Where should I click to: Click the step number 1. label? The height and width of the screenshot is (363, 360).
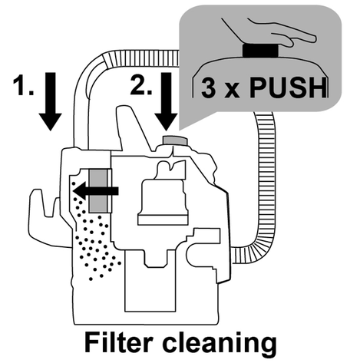23,86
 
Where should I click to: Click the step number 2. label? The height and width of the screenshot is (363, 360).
141,85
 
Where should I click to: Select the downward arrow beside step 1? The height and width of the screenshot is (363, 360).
51,101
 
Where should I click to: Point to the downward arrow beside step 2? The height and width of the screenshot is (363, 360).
167,101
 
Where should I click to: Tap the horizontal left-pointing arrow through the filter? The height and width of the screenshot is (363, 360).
96,190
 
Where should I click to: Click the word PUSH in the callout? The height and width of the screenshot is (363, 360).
289,87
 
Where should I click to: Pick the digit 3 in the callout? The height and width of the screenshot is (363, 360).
208,88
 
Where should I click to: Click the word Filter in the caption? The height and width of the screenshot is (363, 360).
119,342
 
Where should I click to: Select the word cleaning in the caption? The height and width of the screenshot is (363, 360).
220,344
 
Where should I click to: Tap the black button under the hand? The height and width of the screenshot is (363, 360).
260,50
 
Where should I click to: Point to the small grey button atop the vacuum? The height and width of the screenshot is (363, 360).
175,141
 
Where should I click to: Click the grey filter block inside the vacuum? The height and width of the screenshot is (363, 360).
98,190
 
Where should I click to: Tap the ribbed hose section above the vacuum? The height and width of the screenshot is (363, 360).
140,59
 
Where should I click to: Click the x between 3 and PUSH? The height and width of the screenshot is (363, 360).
232,91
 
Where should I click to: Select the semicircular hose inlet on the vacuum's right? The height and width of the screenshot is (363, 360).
194,256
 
